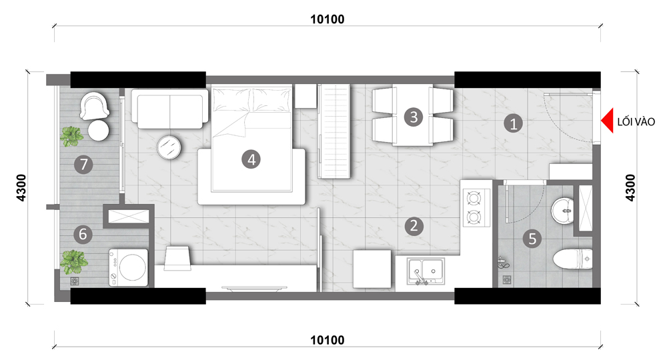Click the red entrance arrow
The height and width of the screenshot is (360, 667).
[x=607, y=121]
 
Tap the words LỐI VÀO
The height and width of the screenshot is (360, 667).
[x=636, y=122]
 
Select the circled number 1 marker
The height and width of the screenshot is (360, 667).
[x=513, y=124]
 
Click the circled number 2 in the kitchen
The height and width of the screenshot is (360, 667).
[x=414, y=226]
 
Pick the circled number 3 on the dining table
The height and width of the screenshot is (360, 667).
[x=414, y=117]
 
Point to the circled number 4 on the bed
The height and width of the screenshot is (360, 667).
[x=251, y=160]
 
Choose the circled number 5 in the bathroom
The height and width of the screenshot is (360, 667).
[x=532, y=239]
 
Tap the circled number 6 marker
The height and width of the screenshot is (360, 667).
[x=83, y=234]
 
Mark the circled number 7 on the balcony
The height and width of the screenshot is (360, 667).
[x=83, y=164]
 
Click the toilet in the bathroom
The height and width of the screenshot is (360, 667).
[x=572, y=259]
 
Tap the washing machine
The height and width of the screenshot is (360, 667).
[x=129, y=267]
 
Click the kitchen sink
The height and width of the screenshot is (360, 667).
[x=426, y=271]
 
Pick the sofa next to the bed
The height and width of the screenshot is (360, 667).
[x=169, y=109]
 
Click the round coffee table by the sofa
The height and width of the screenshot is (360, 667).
[x=169, y=147]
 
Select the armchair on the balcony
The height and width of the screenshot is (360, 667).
[x=95, y=106]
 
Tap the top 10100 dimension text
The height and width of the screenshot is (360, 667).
[x=327, y=19]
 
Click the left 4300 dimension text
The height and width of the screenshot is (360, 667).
[x=21, y=188]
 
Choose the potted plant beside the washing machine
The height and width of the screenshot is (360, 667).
[x=73, y=262]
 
